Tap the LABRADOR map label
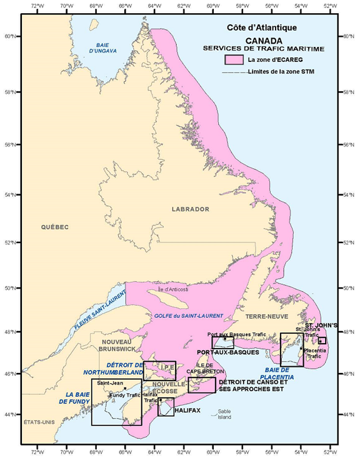(191, 209)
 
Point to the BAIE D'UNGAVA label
(102, 47)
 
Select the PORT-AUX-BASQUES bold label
(227, 352)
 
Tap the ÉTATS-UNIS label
(39, 422)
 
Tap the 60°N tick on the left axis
(11, 36)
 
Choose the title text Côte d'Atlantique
(262, 28)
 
